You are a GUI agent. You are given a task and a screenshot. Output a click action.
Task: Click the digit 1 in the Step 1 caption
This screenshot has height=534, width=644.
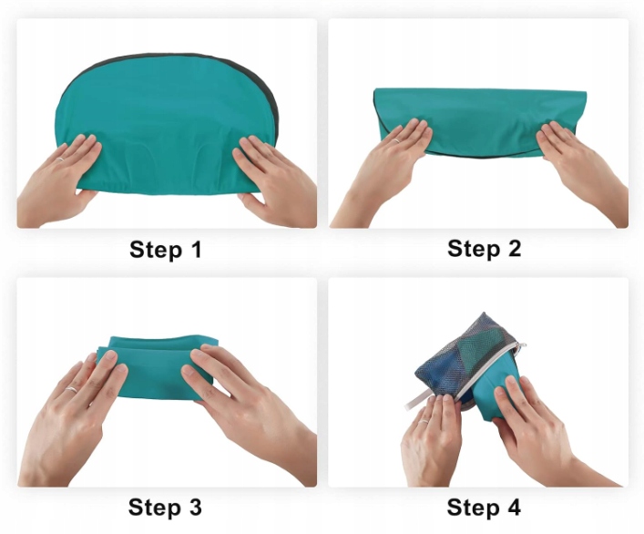(x=197, y=249)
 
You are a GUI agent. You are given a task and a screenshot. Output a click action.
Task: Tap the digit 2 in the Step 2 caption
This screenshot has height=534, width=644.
(x=514, y=249)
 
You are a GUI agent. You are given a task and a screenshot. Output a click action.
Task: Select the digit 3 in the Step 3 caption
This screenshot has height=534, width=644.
(x=195, y=507)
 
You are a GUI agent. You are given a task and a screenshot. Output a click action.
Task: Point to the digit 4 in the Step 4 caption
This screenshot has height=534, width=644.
(x=514, y=507)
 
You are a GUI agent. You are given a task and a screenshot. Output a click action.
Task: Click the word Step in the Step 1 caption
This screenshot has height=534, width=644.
(x=156, y=251)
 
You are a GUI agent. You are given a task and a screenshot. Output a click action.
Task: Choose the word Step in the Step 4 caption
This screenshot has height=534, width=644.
(x=473, y=508)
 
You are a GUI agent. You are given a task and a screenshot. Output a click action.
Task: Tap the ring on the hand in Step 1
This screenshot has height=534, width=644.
(x=60, y=159)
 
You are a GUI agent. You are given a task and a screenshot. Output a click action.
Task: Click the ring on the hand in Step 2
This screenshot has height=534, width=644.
(x=397, y=140)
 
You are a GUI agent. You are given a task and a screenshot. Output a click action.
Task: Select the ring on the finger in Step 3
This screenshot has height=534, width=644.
(x=71, y=389)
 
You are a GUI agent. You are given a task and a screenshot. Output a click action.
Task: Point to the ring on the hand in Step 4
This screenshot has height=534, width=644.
(x=424, y=421)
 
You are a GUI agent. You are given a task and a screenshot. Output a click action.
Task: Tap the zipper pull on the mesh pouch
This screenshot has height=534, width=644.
(x=522, y=346)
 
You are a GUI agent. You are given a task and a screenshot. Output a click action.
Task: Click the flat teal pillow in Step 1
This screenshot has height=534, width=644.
(x=167, y=123)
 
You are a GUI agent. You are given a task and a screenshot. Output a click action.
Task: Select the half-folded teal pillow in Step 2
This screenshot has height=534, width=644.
(x=481, y=121)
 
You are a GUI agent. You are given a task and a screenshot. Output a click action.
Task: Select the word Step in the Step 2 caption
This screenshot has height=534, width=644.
(x=473, y=250)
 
